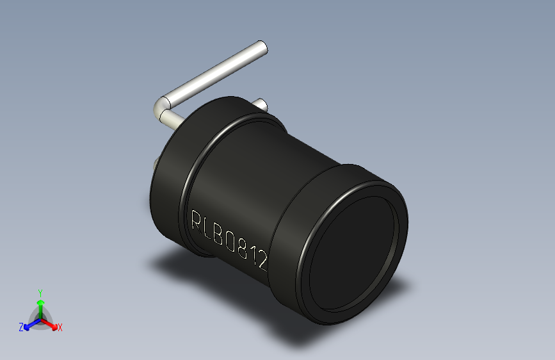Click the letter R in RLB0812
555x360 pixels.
tap(197, 220)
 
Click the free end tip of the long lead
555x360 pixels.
tap(262, 47)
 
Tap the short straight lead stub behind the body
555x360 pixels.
tap(261, 104)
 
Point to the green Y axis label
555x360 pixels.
tap(40, 292)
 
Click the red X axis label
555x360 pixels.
tap(60, 328)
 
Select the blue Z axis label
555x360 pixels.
tap(20, 327)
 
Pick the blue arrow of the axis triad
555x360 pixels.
tap(29, 324)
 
